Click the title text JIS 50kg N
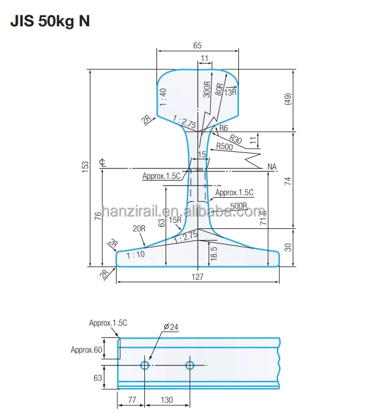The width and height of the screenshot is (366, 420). point(50,21)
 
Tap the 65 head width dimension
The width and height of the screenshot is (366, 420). point(197,45)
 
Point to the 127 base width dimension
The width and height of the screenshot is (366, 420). point(197,276)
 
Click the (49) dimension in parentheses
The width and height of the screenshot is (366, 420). point(287,100)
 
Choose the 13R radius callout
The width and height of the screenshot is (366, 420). point(230,92)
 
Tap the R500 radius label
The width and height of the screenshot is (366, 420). point(225,146)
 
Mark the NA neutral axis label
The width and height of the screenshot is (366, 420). point(273,167)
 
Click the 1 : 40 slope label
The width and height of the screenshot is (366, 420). point(163,97)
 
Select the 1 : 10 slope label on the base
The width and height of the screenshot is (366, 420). point(136,255)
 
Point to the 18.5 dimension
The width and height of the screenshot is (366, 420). point(213,252)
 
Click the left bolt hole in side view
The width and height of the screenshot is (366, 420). point(145,366)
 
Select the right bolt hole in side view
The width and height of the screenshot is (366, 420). point(190,366)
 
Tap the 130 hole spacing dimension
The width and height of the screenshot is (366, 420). point(167,400)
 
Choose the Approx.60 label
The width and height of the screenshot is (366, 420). point(86,350)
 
